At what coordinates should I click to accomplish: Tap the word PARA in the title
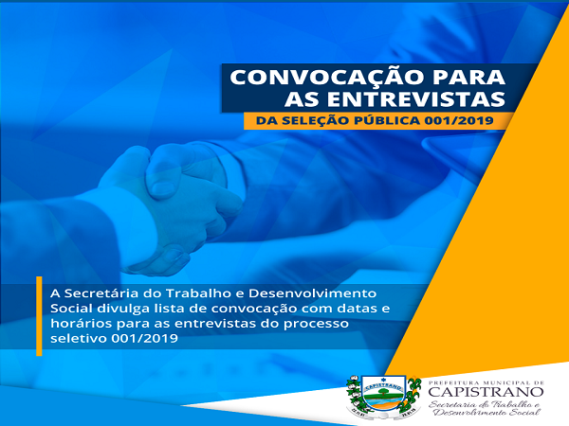pos(458,77)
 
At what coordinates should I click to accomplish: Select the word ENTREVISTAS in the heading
pos(416,98)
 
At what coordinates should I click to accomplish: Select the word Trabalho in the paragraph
pos(201,293)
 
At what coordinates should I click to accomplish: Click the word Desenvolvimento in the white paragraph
pos(312,293)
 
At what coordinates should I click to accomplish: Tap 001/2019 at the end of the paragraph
pos(145,338)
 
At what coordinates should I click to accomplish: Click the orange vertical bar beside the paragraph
pos(39,316)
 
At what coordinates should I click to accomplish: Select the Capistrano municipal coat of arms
pos(383,397)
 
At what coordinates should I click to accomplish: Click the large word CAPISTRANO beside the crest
pos(486,392)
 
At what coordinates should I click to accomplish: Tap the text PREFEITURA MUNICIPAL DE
pos(486,382)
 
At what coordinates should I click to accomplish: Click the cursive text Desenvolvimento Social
pos(487,412)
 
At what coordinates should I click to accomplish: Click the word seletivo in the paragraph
pos(79,338)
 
